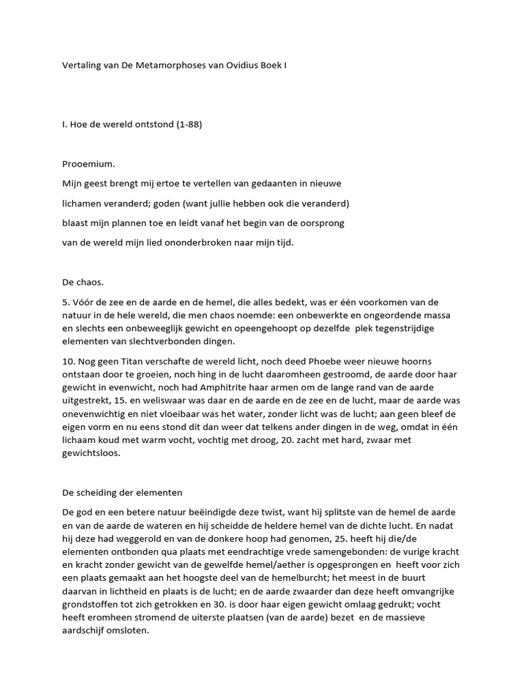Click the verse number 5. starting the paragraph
pos(65,301)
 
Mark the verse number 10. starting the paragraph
pos(68,360)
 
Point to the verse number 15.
pos(130,401)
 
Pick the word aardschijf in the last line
pos(83,631)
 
